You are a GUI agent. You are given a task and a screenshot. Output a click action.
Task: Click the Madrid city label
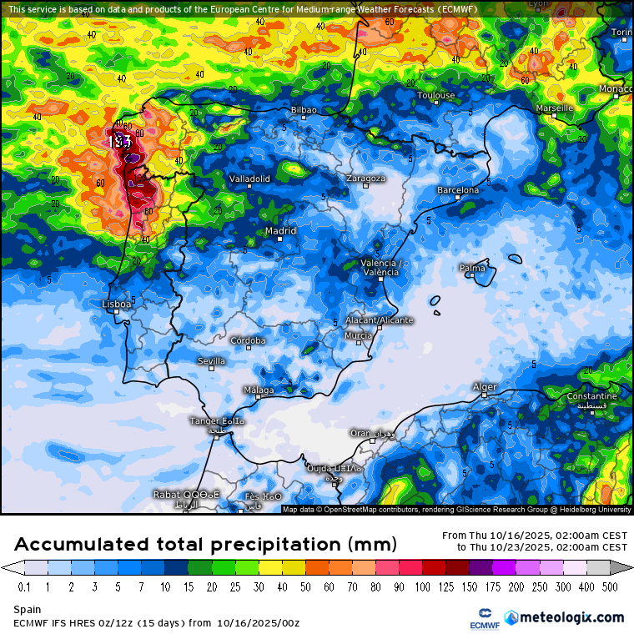pyautogui.click(x=280, y=231)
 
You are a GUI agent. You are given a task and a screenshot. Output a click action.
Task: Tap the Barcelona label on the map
pyautogui.click(x=458, y=190)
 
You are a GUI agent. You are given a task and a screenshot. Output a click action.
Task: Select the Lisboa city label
pyautogui.click(x=116, y=304)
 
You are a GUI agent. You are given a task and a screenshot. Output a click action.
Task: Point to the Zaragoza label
pyautogui.click(x=366, y=178)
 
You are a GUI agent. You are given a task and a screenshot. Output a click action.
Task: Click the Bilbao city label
pyautogui.click(x=304, y=110)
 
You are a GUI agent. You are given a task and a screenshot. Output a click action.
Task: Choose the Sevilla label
pyautogui.click(x=211, y=361)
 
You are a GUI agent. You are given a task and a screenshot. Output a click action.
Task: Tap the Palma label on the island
pyautogui.click(x=472, y=268)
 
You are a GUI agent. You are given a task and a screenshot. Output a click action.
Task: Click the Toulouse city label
pyautogui.click(x=435, y=96)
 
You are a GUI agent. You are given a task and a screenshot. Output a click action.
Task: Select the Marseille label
pyautogui.click(x=554, y=108)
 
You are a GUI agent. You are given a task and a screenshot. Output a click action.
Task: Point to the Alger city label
pyautogui.click(x=485, y=387)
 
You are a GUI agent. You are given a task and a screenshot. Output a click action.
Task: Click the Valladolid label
pyautogui.click(x=249, y=179)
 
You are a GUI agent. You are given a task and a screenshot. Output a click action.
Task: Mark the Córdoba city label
pyautogui.click(x=248, y=340)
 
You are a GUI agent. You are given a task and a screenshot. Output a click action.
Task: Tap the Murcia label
pyautogui.click(x=358, y=335)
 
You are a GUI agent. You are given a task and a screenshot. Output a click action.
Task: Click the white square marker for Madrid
pyautogui.click(x=279, y=239)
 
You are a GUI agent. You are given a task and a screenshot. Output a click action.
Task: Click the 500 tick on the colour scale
pyautogui.click(x=611, y=587)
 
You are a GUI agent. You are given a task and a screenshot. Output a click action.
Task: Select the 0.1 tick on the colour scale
pyautogui.click(x=24, y=587)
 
